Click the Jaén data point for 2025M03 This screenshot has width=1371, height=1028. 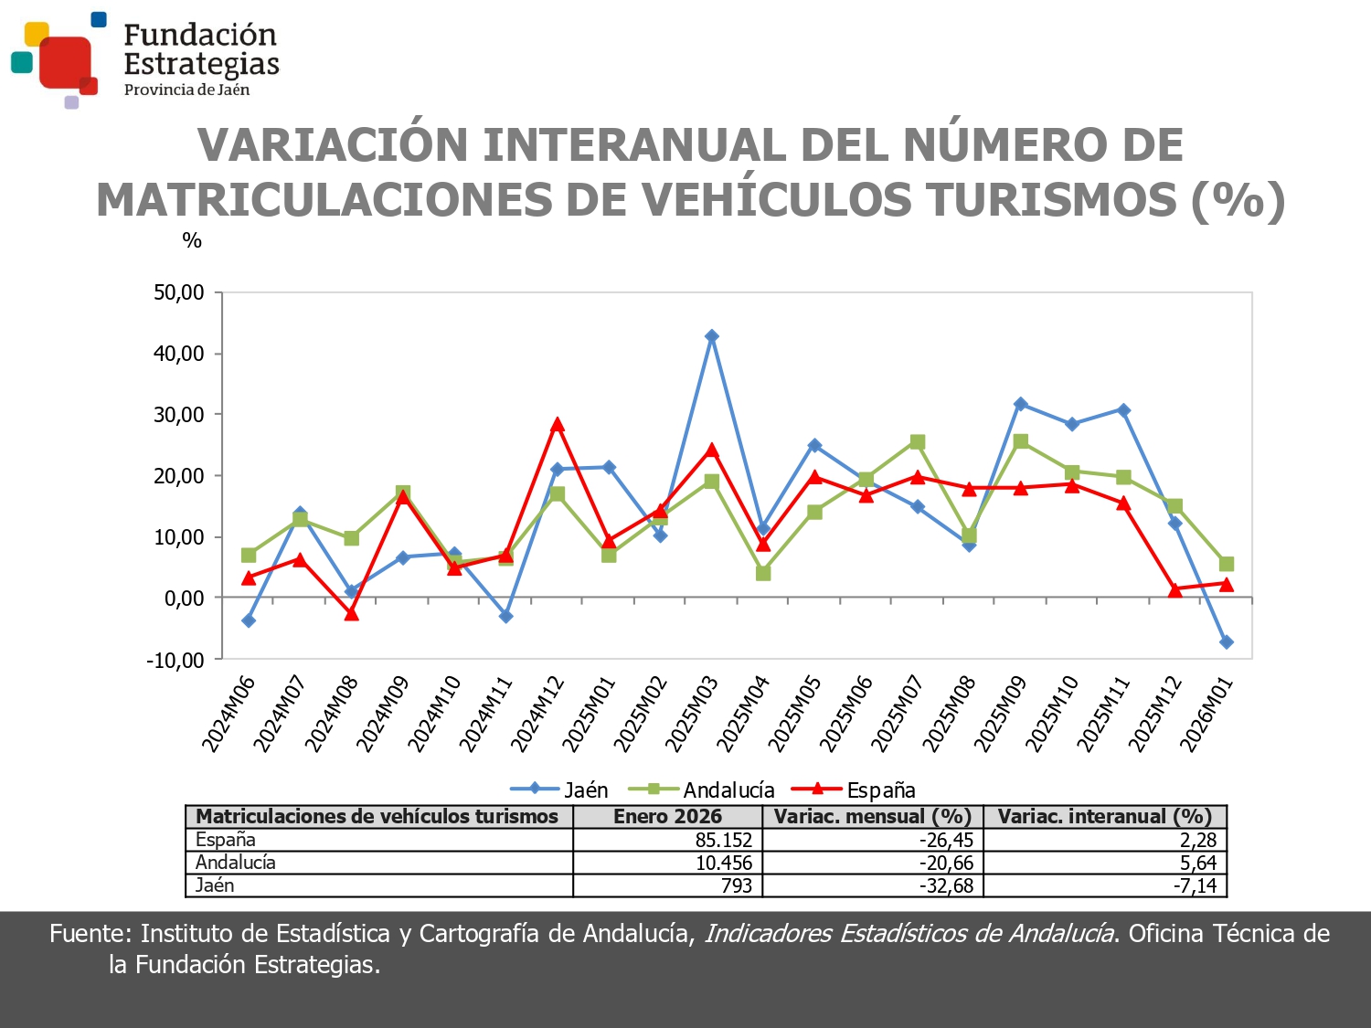(712, 336)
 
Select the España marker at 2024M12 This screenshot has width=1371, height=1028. (558, 425)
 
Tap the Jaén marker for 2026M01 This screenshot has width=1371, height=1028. (1227, 642)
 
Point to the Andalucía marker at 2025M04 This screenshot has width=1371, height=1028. (763, 573)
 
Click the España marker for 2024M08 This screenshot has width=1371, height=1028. (352, 614)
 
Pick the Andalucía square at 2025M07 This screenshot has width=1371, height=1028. (918, 442)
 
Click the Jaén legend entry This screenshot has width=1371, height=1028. (558, 790)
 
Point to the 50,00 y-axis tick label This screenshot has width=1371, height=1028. (179, 292)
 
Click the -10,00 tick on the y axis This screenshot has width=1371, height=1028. (175, 660)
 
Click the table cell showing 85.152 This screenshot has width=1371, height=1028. (723, 840)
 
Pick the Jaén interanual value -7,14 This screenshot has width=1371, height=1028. (1195, 885)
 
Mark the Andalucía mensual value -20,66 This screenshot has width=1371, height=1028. (946, 863)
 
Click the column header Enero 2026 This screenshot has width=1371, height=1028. (667, 816)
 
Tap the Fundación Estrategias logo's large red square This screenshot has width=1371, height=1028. (65, 61)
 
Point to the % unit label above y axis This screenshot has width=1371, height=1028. (192, 240)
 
